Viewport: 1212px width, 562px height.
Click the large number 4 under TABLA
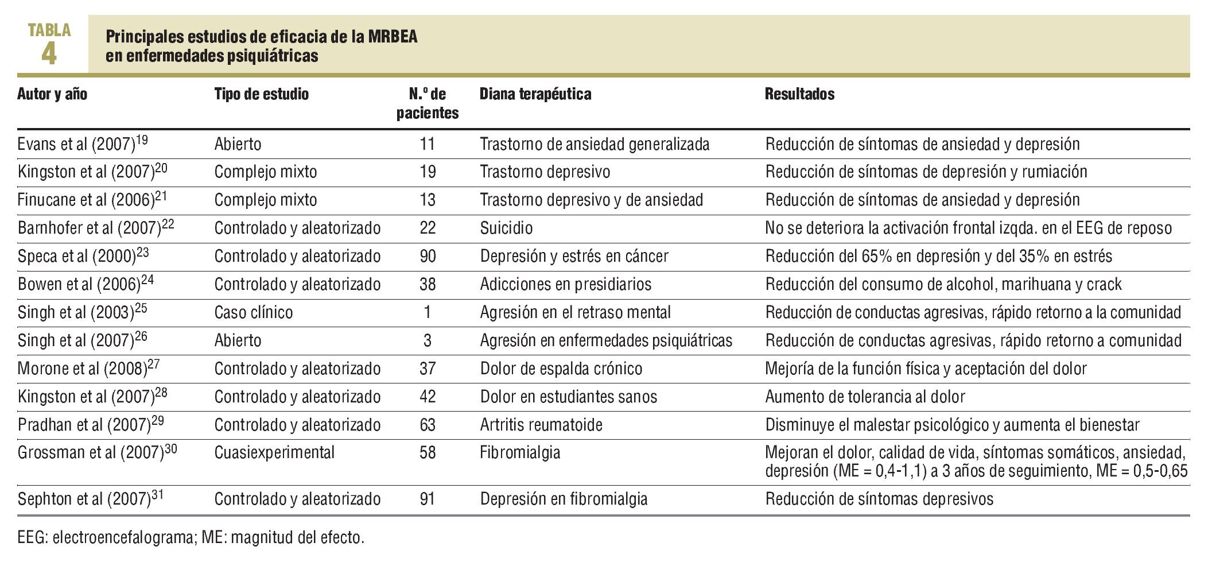[x=49, y=54]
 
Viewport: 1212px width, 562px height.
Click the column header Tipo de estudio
[x=261, y=94]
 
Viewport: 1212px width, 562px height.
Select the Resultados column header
[x=799, y=94]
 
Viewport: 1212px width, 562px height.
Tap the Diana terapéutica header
[x=535, y=94]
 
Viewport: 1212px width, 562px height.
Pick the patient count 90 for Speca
[x=428, y=256]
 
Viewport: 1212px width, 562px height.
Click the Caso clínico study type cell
[x=253, y=312]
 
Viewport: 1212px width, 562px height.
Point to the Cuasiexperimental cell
[x=274, y=452]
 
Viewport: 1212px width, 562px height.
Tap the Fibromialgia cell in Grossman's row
[x=520, y=452]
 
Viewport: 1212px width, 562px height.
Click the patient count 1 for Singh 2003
[x=428, y=312]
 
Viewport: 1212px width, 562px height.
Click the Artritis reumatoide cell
[x=541, y=425]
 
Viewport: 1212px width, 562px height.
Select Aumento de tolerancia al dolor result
[x=865, y=397]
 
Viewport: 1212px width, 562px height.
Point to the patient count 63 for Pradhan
[x=428, y=425]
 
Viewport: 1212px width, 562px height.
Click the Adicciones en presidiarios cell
[x=565, y=284]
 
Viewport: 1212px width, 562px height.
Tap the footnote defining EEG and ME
[x=191, y=538]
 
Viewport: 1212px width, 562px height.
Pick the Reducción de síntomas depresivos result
[x=879, y=499]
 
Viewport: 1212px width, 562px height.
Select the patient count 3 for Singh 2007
[x=428, y=340]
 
